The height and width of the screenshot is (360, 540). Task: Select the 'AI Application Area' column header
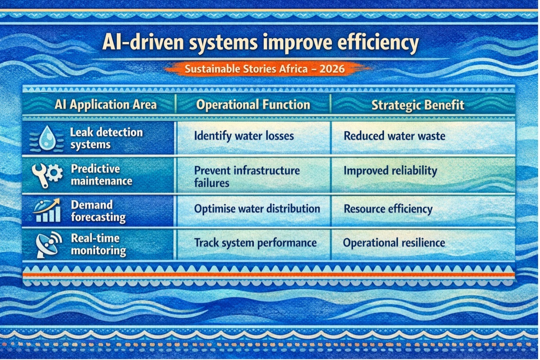tap(106, 105)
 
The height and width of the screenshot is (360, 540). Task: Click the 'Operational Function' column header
tap(253, 105)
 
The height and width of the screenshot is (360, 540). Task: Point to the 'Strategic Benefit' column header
tap(418, 105)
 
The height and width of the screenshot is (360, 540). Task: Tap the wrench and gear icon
tap(47, 175)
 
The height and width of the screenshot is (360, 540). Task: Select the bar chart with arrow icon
tap(47, 210)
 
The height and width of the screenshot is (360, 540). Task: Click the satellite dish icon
tap(49, 245)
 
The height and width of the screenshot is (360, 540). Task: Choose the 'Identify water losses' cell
tap(244, 136)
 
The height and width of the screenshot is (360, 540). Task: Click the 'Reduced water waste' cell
tap(394, 136)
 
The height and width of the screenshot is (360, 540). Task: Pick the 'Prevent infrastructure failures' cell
tap(247, 176)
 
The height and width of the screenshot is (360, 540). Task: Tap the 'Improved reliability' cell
tap(390, 171)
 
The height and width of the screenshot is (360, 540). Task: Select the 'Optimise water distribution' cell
tap(257, 209)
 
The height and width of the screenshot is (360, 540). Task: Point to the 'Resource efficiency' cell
tap(388, 209)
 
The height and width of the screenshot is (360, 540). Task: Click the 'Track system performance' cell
tap(255, 243)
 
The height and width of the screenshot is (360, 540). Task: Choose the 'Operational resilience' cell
tap(394, 243)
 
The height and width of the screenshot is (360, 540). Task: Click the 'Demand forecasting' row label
tap(98, 211)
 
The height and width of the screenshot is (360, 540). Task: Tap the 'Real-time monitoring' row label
tap(98, 245)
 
